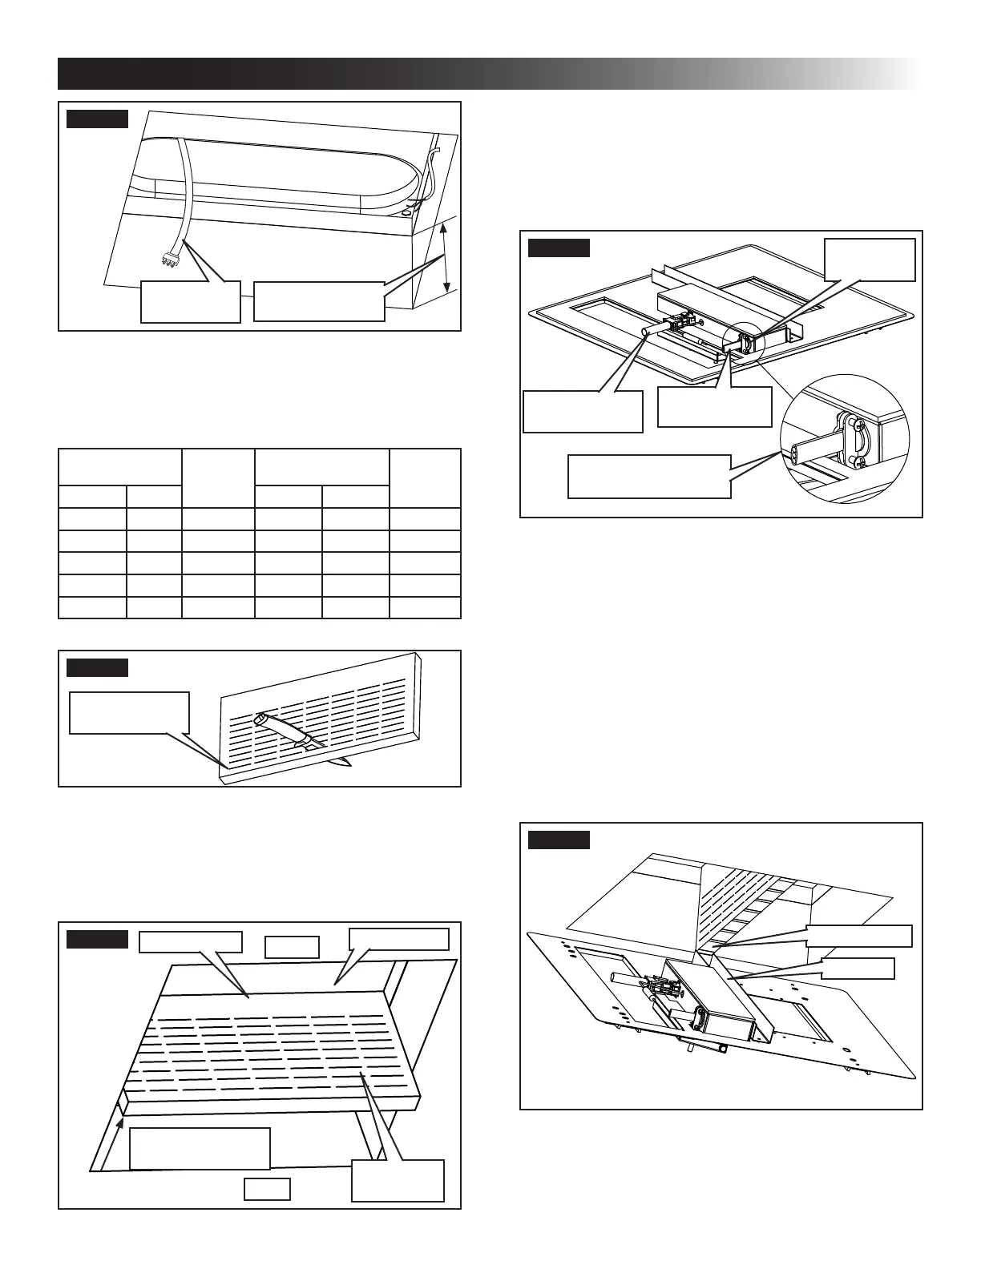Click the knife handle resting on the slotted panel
277,725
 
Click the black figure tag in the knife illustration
97,668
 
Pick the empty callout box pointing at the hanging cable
190,301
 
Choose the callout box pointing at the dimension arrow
319,301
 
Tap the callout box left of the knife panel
129,712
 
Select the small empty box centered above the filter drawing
292,947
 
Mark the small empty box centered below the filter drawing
267,1189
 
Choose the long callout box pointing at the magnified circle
649,477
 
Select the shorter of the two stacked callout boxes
858,969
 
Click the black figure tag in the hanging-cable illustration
97,119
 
